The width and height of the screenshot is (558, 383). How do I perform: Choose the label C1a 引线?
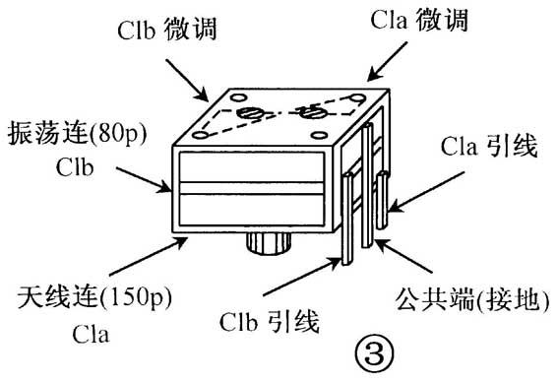point(486,150)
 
